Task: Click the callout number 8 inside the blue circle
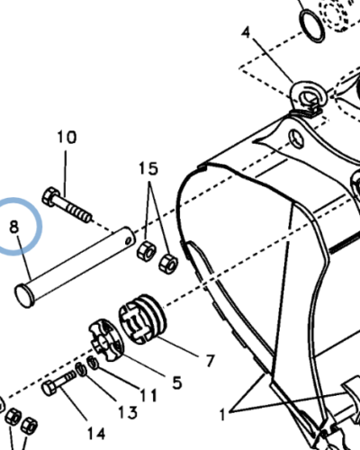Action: click(14, 227)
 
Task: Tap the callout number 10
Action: click(67, 137)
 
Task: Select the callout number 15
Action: click(148, 168)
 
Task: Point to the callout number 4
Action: click(246, 32)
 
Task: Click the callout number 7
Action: click(211, 360)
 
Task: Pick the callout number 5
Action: click(177, 382)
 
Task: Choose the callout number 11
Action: click(148, 395)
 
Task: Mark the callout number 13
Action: click(128, 413)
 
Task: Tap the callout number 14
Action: click(96, 434)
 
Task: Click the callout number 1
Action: click(222, 416)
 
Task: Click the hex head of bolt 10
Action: click(49, 197)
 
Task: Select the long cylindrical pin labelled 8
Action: click(75, 267)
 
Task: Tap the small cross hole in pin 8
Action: click(129, 240)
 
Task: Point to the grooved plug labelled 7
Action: click(143, 319)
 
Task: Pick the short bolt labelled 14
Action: click(59, 382)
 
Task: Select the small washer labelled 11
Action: click(93, 363)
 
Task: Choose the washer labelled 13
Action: click(80, 369)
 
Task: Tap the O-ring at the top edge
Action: click(312, 26)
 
